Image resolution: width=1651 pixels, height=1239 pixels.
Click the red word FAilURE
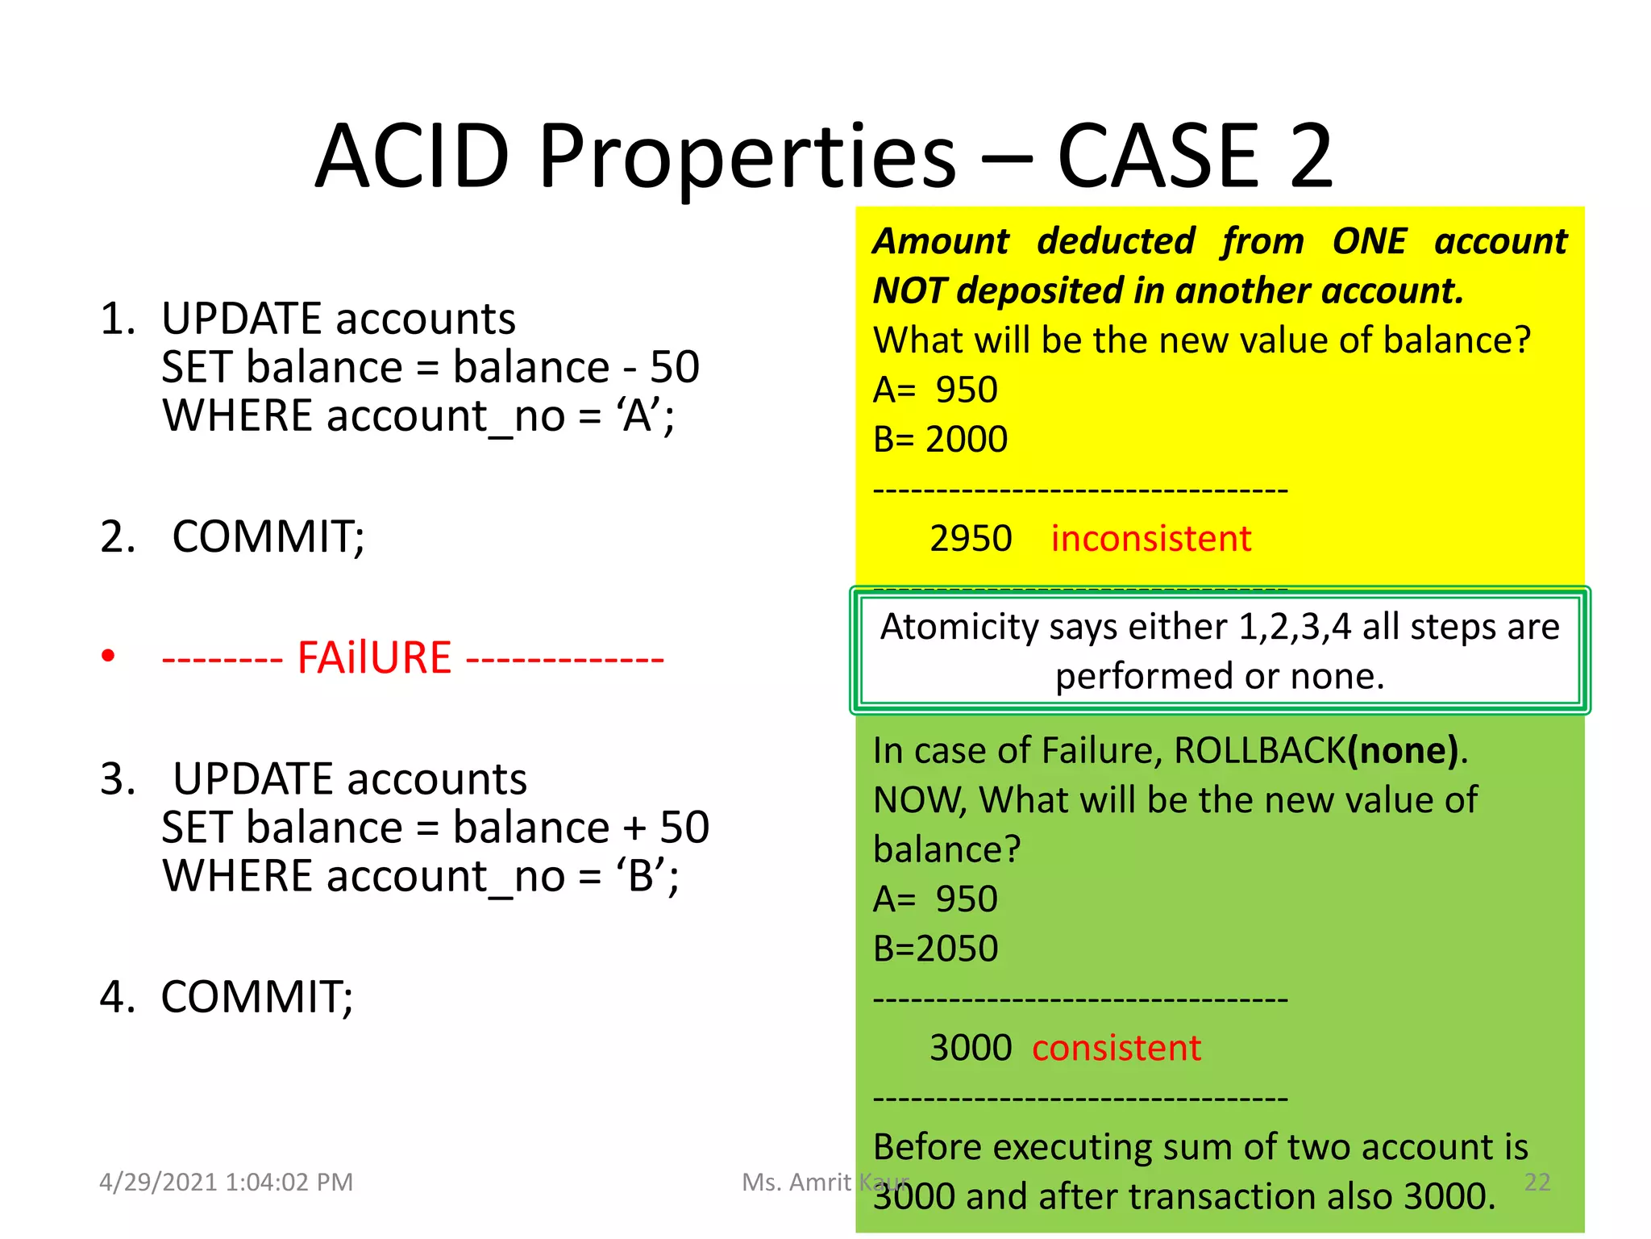374,657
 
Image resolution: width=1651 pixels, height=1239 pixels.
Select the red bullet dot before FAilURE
108,656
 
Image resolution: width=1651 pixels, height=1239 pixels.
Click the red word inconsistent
1150,539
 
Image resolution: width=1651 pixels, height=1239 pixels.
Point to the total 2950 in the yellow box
971,539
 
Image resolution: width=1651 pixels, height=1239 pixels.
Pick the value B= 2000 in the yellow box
940,440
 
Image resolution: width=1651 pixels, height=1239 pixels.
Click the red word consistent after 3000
1117,1048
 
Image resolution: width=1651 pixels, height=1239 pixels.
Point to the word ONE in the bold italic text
1369,241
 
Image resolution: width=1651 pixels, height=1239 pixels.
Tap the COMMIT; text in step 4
257,998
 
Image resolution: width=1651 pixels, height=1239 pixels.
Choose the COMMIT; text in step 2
268,537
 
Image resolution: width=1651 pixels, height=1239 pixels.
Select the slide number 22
1537,1183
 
